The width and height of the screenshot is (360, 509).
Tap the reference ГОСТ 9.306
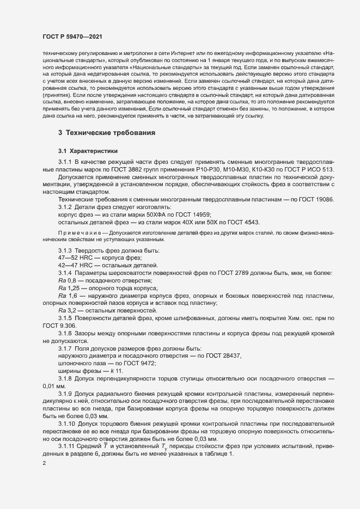point(54,326)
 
